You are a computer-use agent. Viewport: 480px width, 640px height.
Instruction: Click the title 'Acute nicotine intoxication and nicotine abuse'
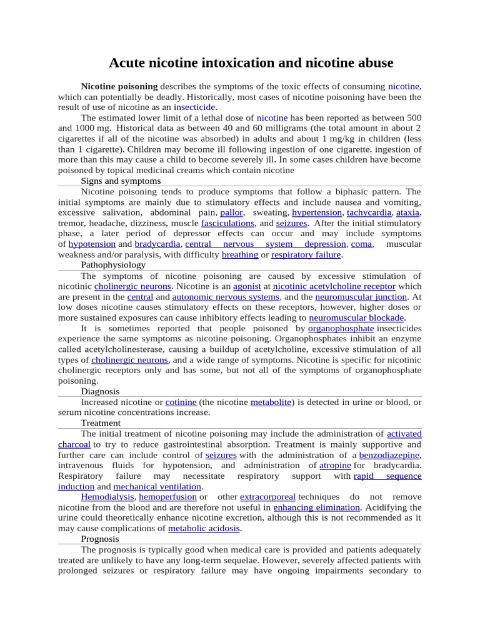pyautogui.click(x=251, y=62)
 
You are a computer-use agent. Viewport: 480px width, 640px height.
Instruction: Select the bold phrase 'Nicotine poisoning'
pyautogui.click(x=119, y=86)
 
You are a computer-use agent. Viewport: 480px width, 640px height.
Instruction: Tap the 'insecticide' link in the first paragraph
pyautogui.click(x=194, y=107)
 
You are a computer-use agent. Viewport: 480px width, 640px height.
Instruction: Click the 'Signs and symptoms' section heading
pyautogui.click(x=121, y=181)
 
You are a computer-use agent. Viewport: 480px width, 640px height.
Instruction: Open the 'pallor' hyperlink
pyautogui.click(x=231, y=212)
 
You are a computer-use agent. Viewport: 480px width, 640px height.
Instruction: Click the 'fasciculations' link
pyautogui.click(x=227, y=223)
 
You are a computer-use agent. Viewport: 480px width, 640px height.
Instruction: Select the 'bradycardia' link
pyautogui.click(x=157, y=244)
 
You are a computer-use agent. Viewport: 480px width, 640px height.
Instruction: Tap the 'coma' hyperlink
pyautogui.click(x=361, y=244)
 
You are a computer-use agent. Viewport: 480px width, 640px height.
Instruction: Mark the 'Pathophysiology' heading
pyautogui.click(x=113, y=265)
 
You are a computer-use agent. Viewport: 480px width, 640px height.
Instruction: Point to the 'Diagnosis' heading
pyautogui.click(x=99, y=391)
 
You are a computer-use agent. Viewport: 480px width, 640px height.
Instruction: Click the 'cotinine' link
pyautogui.click(x=181, y=402)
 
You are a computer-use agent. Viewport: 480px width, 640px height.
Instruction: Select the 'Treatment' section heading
pyautogui.click(x=101, y=423)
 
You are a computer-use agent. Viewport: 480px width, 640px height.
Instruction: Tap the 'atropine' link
pyautogui.click(x=335, y=465)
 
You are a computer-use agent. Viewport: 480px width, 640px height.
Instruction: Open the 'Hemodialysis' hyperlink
pyautogui.click(x=107, y=497)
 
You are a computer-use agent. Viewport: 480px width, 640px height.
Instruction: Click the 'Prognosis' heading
pyautogui.click(x=100, y=539)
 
